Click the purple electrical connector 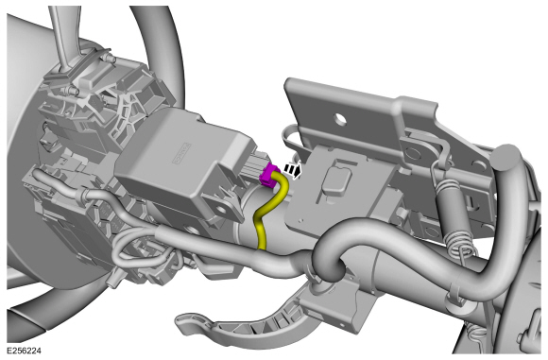click(268, 172)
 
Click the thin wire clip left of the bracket click(293, 140)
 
